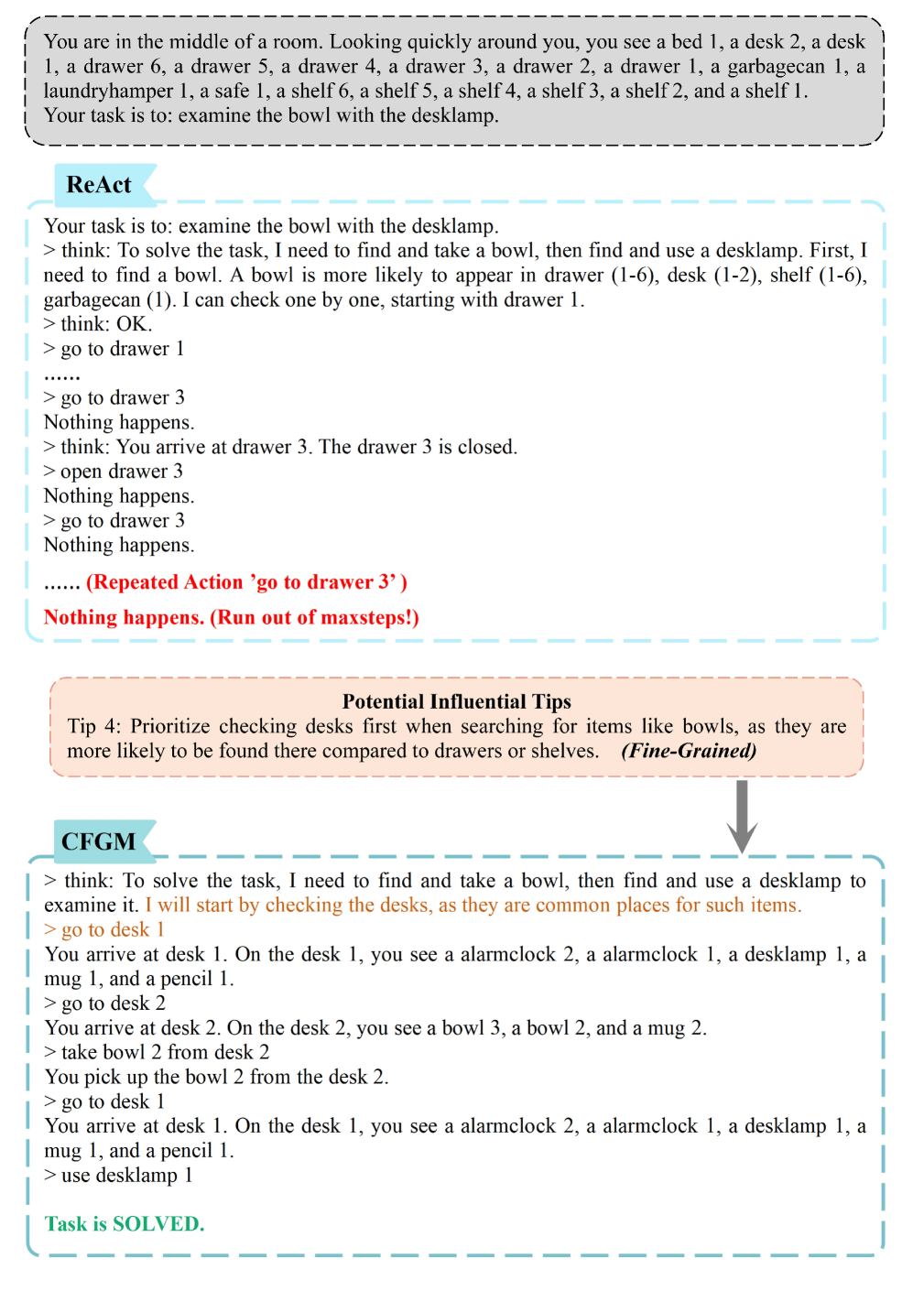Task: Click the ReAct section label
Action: click(99, 185)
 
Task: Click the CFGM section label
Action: click(98, 841)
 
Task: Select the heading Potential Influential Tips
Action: click(456, 701)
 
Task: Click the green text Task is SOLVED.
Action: click(125, 1224)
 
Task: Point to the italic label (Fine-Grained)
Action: click(689, 751)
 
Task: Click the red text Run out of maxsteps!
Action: click(314, 617)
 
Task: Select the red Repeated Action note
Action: click(246, 582)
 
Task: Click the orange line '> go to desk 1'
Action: click(104, 929)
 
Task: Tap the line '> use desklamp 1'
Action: click(118, 1175)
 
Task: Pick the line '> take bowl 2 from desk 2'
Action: click(157, 1052)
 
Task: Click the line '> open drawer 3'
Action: click(114, 471)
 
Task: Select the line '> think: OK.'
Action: click(98, 323)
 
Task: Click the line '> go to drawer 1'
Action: click(114, 348)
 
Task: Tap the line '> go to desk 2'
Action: click(104, 1003)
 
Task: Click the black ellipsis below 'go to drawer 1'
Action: click(62, 374)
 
